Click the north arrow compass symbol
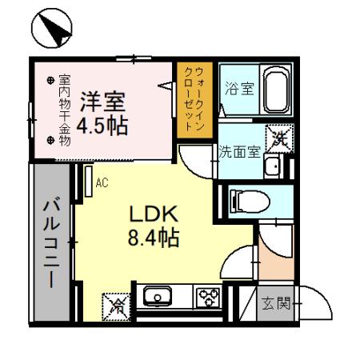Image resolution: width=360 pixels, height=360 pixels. coord(52,28)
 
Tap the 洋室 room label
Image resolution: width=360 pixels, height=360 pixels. coord(103,102)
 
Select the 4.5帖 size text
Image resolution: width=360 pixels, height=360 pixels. coord(102,126)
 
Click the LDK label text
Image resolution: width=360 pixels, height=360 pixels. coord(154,214)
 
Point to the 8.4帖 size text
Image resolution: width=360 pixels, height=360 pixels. coord(154,238)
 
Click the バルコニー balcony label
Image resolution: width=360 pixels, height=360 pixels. coord(51,242)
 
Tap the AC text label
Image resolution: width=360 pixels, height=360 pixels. coord(102,183)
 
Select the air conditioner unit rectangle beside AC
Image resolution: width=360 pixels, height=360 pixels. coord(89,182)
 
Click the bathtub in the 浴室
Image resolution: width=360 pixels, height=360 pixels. coord(277,89)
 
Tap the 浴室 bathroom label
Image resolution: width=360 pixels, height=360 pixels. coord(239,89)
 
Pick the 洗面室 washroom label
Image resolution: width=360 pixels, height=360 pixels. coord(239,151)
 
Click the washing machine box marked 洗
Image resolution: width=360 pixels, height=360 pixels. coord(280,139)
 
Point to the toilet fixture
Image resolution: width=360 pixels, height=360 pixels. coord(250,202)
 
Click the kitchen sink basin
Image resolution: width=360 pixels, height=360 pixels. coord(158,296)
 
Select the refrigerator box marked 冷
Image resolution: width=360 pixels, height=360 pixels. coord(116,307)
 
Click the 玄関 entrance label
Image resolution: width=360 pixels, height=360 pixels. coord(276,304)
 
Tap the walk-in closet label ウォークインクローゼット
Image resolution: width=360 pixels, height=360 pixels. coord(194,99)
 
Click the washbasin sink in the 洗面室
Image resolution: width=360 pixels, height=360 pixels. coord(274,166)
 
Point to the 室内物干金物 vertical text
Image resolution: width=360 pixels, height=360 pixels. coord(65,110)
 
